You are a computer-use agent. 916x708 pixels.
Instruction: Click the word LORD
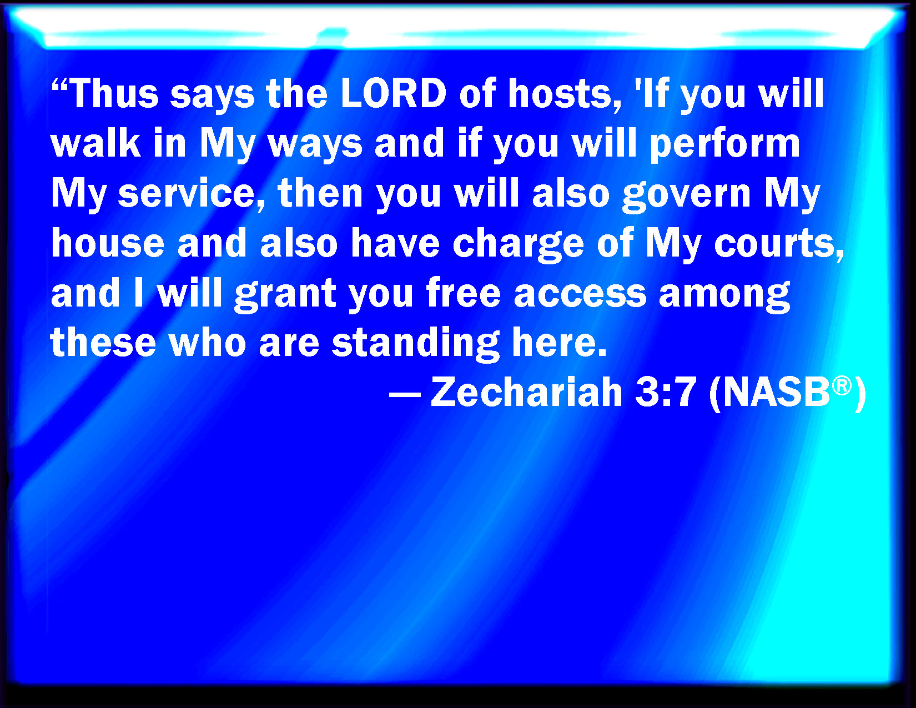coord(393,93)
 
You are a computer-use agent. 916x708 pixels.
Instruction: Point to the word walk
coord(95,143)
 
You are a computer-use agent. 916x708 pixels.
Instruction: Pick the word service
coord(192,194)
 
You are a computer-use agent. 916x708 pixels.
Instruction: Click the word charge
coord(518,244)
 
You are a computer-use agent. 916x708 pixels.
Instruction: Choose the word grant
coord(285,294)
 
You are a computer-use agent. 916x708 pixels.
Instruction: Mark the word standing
coord(416,343)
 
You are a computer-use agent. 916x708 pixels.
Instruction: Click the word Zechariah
coord(526,391)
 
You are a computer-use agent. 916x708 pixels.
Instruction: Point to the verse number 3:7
coord(666,392)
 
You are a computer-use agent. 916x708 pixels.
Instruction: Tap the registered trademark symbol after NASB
coord(842,386)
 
